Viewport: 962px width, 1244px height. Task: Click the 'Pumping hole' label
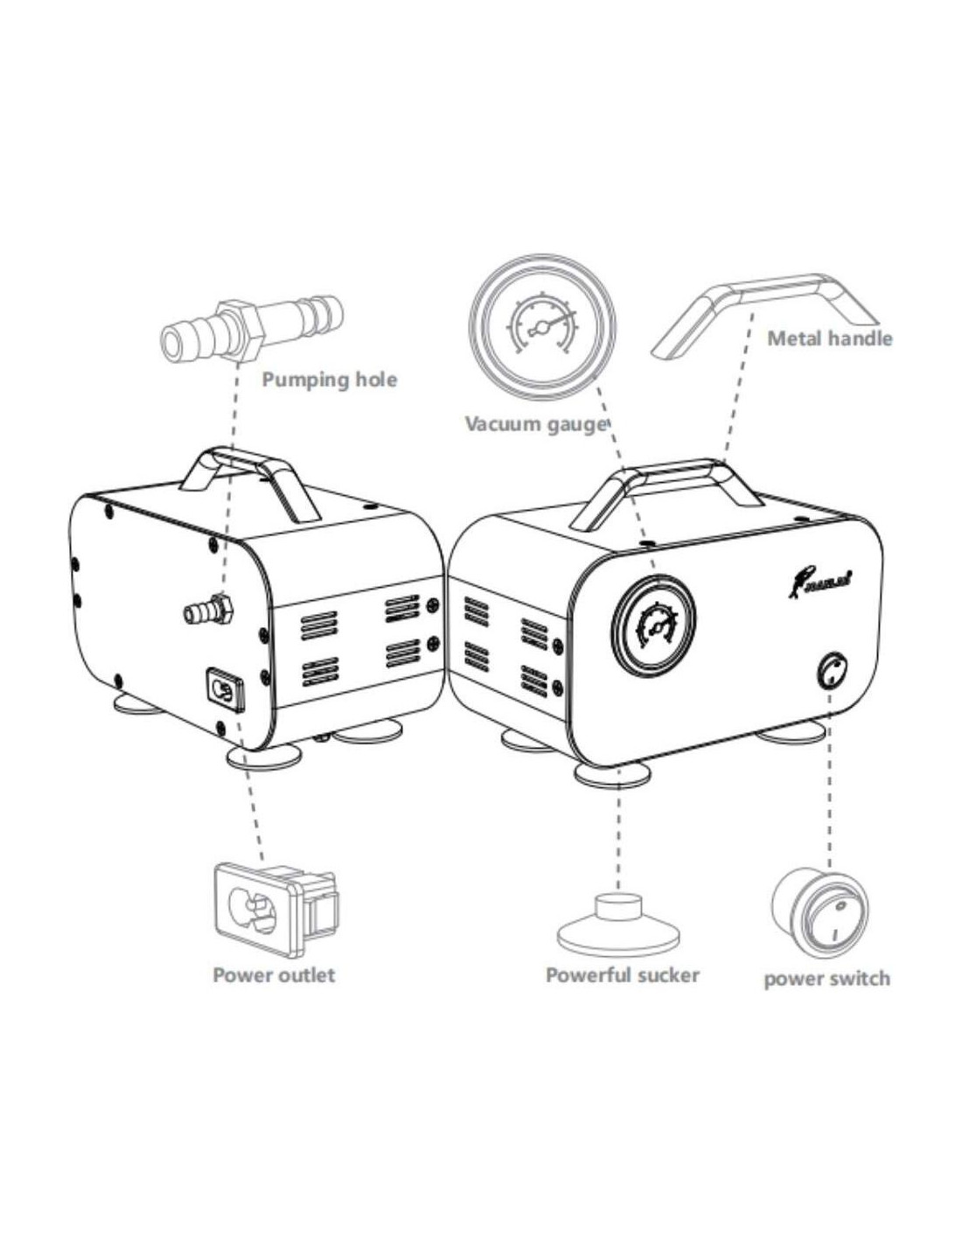click(329, 380)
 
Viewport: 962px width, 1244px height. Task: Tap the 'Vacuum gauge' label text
click(535, 424)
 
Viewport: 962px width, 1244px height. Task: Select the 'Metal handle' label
click(829, 338)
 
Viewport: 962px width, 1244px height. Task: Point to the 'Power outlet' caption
click(274, 975)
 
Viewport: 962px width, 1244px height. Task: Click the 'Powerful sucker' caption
click(623, 975)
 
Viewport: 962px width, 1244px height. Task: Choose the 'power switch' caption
click(826, 978)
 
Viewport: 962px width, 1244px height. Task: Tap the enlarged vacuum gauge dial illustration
click(542, 324)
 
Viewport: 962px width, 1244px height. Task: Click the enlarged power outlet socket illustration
click(274, 911)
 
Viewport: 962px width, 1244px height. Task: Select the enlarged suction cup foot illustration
click(618, 926)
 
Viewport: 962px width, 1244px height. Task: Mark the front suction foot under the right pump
click(613, 773)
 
